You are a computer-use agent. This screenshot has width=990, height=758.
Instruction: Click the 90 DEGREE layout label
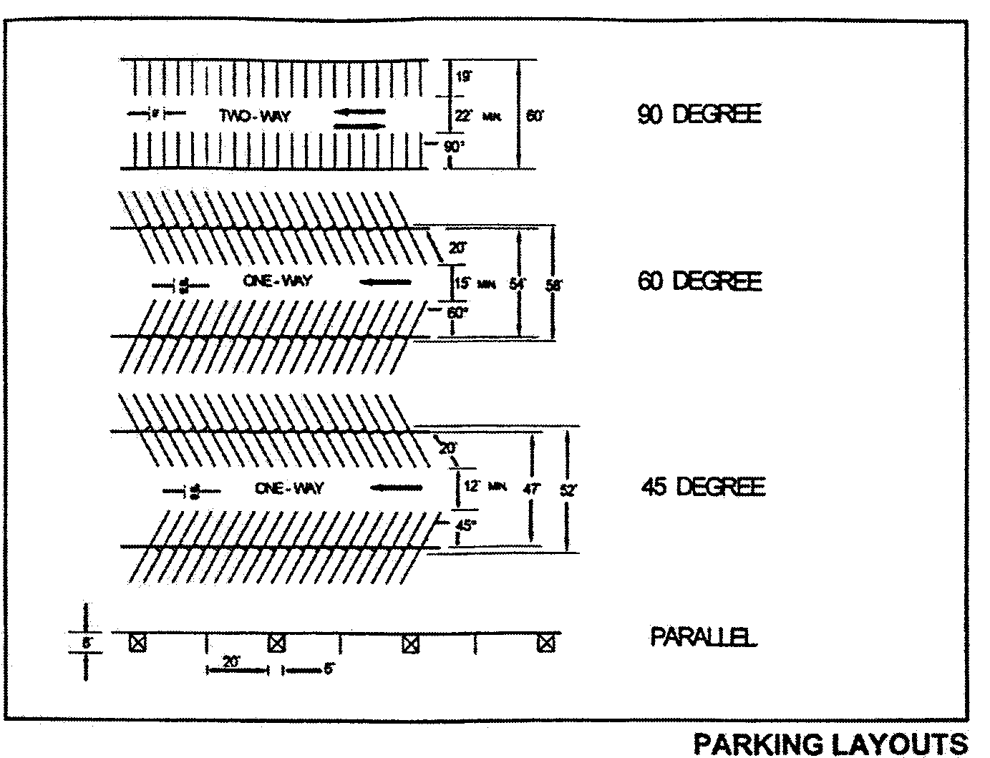(699, 115)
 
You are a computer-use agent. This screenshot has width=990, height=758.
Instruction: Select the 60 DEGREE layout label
(699, 281)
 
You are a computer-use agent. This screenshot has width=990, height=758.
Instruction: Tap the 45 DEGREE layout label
(702, 487)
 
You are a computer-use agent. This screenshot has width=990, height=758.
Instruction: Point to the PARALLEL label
(703, 637)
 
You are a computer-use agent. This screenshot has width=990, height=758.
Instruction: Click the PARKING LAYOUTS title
(830, 744)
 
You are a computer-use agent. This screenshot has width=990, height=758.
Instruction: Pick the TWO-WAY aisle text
(255, 116)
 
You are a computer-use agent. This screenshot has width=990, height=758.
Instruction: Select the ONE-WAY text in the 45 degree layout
(289, 488)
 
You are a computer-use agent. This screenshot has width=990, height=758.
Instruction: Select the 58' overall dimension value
(554, 284)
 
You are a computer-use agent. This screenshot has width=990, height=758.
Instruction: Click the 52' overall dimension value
(568, 490)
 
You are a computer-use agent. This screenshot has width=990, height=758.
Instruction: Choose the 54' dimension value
(518, 284)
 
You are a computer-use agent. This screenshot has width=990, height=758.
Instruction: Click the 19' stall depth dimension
(464, 77)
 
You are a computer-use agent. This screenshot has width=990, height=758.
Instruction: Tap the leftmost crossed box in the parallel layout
(137, 643)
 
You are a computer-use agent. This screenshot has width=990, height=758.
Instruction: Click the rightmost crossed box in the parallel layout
(545, 643)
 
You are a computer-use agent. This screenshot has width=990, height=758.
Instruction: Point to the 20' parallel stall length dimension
(230, 664)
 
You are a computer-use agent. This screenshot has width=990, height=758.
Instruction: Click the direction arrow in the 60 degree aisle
(386, 282)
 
